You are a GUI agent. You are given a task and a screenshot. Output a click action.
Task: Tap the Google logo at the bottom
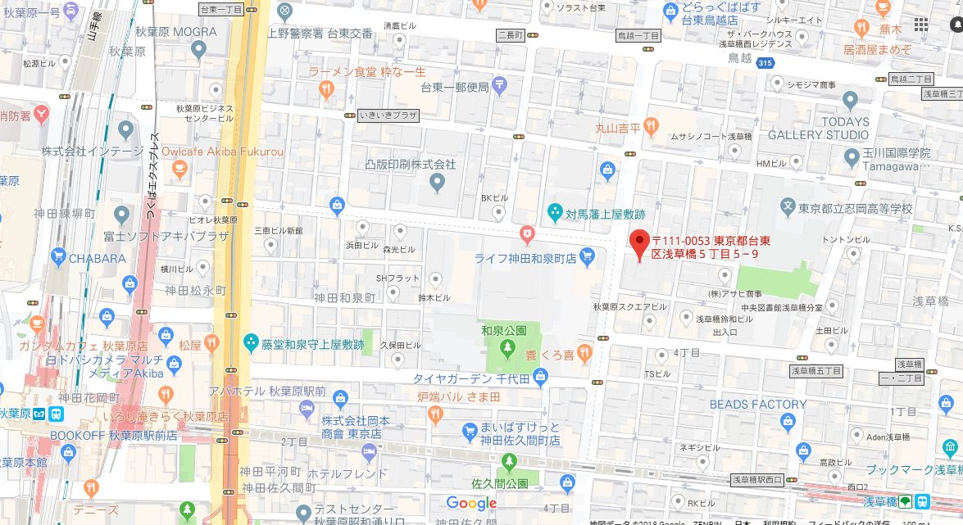pyautogui.click(x=471, y=503)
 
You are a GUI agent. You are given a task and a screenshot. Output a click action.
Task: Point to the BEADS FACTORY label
pyautogui.click(x=758, y=405)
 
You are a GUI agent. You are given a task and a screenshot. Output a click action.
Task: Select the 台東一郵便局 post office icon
pyautogui.click(x=500, y=84)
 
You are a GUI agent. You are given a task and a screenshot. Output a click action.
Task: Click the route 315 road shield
pyautogui.click(x=765, y=63)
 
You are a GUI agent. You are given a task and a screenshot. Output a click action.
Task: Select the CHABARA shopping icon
pyautogui.click(x=57, y=258)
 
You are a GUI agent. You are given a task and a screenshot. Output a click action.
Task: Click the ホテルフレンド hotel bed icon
pyautogui.click(x=369, y=452)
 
